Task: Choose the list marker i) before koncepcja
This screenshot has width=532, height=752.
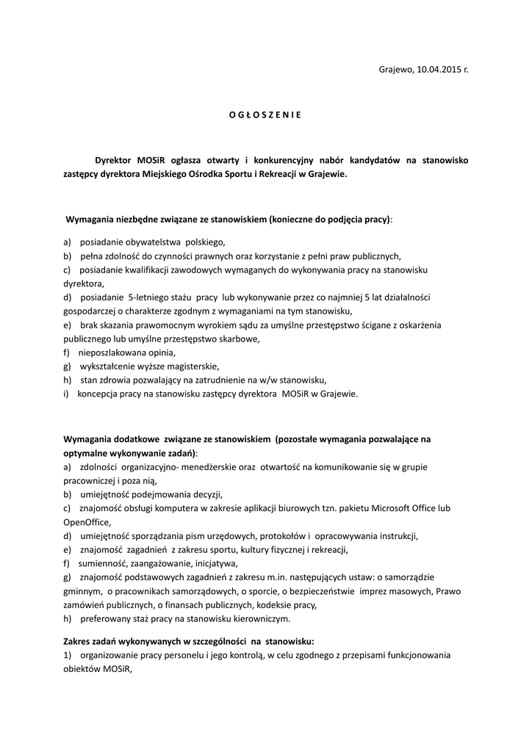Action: tap(66, 394)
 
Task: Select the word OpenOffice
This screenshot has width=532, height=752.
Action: tap(87, 521)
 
